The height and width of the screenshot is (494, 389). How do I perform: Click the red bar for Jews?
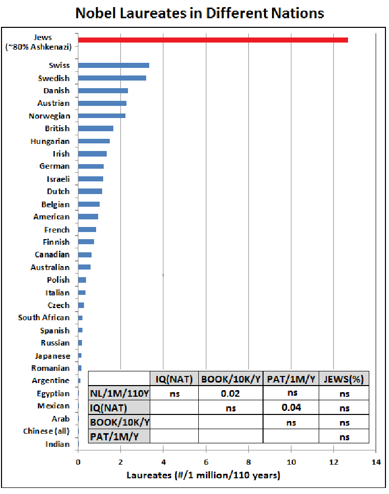212,40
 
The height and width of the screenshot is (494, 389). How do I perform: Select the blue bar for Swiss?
113,65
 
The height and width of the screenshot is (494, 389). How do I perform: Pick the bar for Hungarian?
94,141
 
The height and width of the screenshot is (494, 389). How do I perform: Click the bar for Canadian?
84,255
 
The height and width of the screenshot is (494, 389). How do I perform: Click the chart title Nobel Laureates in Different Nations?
199,13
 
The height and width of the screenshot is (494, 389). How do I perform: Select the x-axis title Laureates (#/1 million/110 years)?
203,476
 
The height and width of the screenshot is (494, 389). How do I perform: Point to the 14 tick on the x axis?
376,462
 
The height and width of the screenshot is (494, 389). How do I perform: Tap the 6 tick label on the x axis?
205,462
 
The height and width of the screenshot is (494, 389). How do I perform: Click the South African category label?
44,318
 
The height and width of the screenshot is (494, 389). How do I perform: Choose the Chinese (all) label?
46,431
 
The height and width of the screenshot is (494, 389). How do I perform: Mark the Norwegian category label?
50,116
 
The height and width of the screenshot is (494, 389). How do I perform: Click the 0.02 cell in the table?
231,393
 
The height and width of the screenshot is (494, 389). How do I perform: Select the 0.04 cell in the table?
291,407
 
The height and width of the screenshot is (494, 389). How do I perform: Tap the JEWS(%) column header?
344,378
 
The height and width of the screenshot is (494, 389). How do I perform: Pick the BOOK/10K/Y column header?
231,378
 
